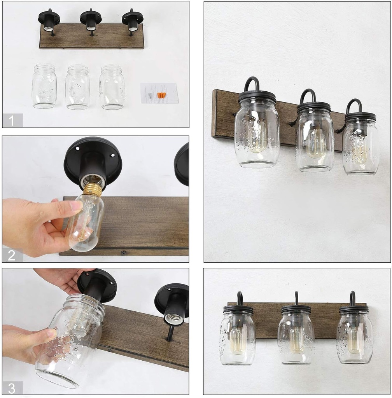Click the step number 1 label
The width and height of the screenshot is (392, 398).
point(12,120)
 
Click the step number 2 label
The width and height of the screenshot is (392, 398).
point(11,255)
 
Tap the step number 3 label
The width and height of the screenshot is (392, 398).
point(12,388)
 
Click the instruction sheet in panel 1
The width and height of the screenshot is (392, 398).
point(159,93)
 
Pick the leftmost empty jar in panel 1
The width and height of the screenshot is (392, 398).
point(44,86)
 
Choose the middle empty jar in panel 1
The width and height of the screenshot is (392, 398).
point(78,87)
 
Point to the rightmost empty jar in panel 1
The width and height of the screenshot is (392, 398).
point(112,87)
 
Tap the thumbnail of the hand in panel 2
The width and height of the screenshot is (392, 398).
point(76,205)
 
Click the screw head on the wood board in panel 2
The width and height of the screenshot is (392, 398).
point(124,252)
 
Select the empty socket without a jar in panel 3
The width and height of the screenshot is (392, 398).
point(173,311)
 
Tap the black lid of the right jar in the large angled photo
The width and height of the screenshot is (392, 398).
point(360,117)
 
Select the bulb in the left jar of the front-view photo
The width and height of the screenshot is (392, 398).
point(237,340)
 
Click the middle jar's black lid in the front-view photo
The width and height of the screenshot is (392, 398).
point(296,309)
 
